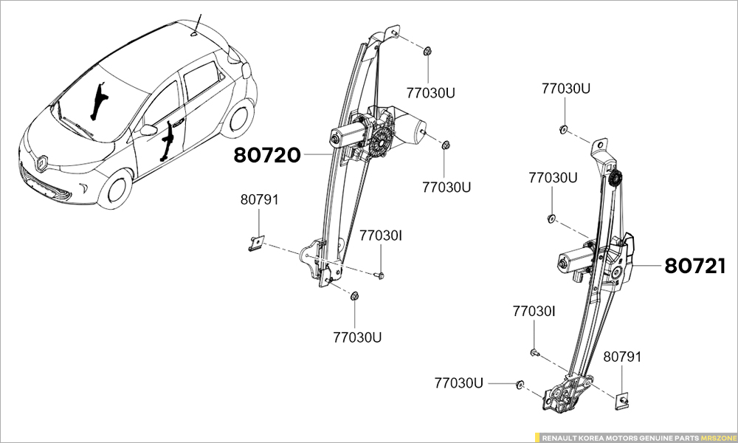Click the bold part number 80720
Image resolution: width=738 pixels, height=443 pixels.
pyautogui.click(x=267, y=156)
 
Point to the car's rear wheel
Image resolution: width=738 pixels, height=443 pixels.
pyautogui.click(x=239, y=120)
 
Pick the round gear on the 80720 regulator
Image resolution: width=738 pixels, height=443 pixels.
pyautogui.click(x=382, y=141)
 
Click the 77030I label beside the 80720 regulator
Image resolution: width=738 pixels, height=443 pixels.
pyautogui.click(x=381, y=236)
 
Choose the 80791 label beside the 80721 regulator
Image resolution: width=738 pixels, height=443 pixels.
pyautogui.click(x=622, y=357)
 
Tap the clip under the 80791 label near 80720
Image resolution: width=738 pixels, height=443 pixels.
pyautogui.click(x=256, y=241)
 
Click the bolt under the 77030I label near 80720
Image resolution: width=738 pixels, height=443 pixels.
pyautogui.click(x=380, y=275)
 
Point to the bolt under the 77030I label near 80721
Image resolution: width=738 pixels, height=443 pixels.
pyautogui.click(x=534, y=353)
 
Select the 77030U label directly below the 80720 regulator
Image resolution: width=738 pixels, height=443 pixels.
pyautogui.click(x=357, y=337)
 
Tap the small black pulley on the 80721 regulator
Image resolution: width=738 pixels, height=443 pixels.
pyautogui.click(x=615, y=178)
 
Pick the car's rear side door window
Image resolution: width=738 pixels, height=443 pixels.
pyautogui.click(x=201, y=79)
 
